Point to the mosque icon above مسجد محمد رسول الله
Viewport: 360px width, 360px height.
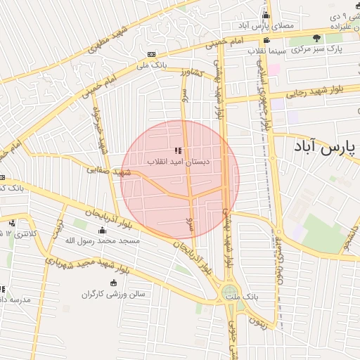tap(103, 231)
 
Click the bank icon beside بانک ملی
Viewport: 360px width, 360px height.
tap(151, 55)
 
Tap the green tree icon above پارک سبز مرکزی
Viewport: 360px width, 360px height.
tap(316, 38)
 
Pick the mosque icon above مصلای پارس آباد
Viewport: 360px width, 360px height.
tap(266, 15)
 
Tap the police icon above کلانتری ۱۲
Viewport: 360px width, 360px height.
tap(12, 223)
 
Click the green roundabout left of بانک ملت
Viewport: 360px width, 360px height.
tap(229, 293)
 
